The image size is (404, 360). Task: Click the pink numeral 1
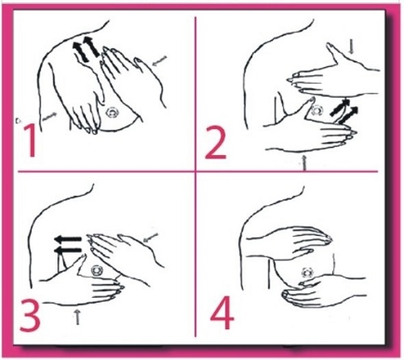point(31,140)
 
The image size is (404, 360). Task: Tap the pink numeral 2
point(216,142)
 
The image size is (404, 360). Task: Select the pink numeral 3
point(30,315)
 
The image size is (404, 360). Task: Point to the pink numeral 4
point(222,313)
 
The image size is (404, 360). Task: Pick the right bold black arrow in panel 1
point(91,47)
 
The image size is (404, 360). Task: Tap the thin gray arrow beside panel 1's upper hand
point(159,61)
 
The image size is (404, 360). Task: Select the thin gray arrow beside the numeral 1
point(49,116)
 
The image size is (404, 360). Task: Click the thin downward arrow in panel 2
point(351,48)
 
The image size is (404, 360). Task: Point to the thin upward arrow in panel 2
point(305,163)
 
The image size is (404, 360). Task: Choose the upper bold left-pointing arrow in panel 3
point(67,239)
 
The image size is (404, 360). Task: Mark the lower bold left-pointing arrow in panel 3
point(67,251)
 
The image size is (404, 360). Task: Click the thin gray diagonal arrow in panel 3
point(150,237)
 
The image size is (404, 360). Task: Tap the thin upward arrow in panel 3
point(78,316)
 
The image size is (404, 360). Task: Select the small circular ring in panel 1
point(112,113)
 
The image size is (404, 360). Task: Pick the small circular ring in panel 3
point(97,270)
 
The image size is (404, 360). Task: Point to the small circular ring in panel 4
point(307,273)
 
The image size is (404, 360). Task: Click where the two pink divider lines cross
point(196,171)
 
